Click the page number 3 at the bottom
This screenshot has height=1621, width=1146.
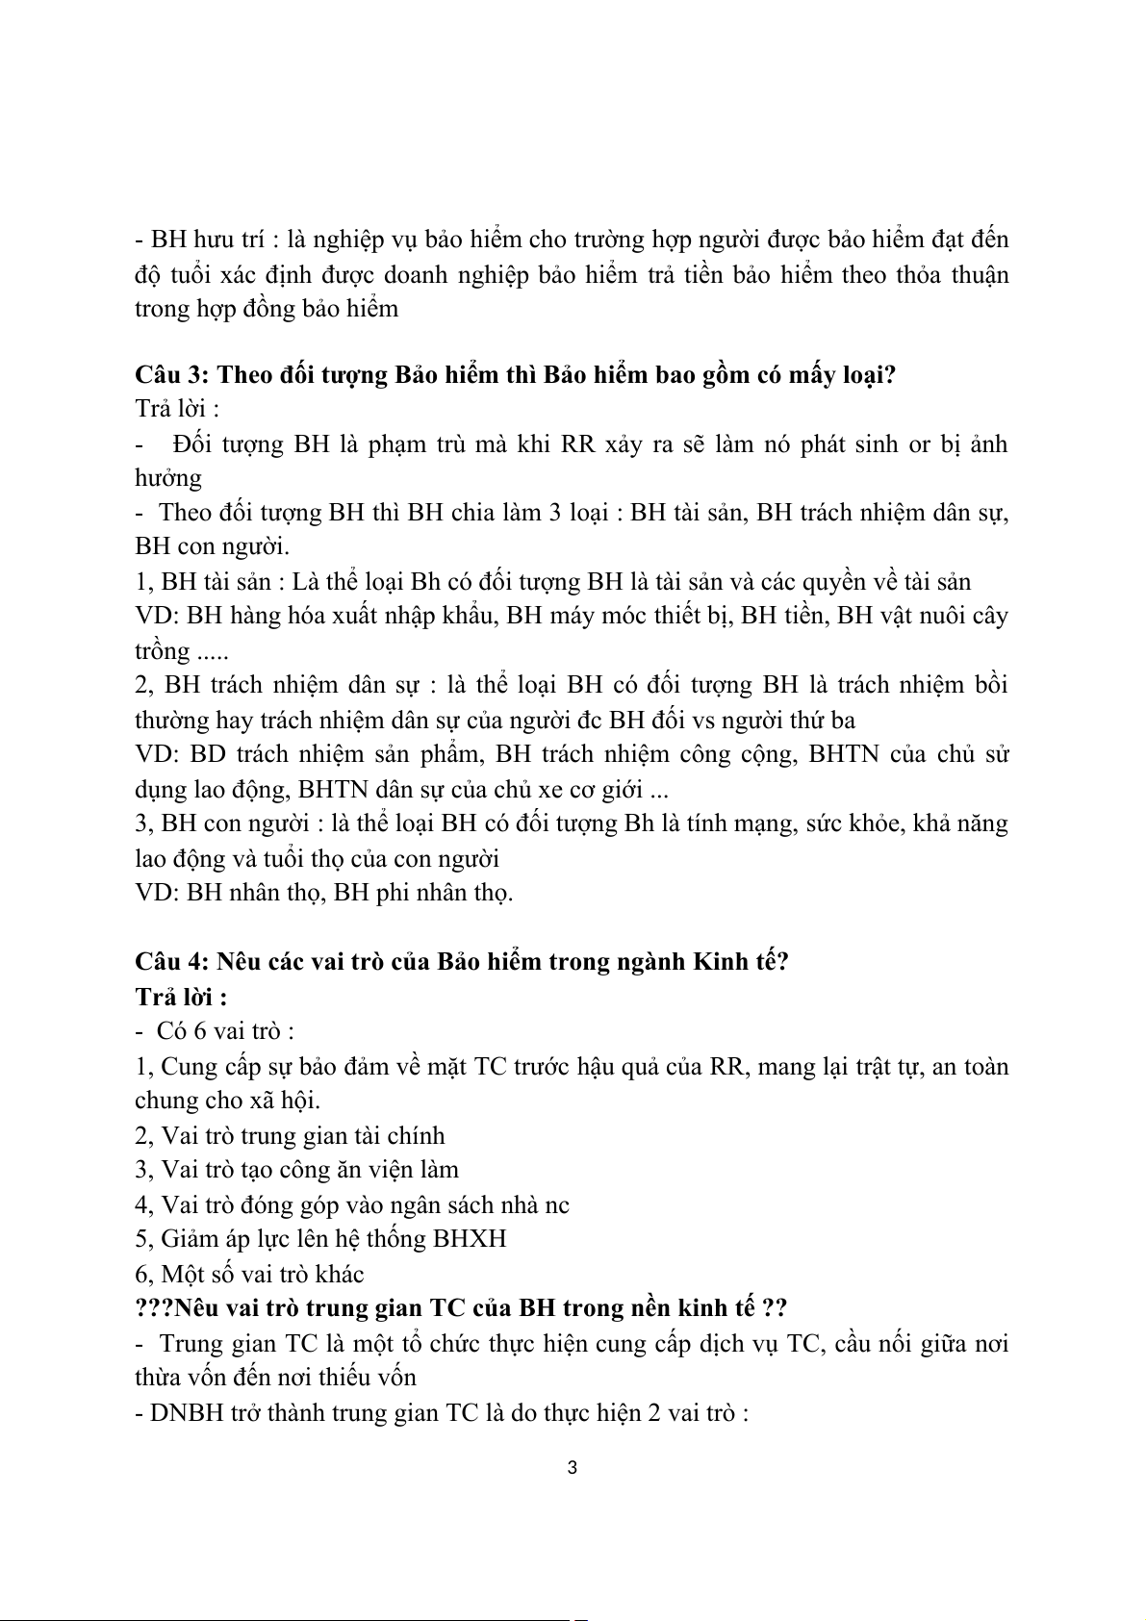[573, 1468]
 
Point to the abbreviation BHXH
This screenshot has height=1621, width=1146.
[470, 1238]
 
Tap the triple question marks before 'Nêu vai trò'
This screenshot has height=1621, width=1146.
[155, 1308]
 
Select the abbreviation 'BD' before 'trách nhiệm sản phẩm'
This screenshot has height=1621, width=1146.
[208, 754]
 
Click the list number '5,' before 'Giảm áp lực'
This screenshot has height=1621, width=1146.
[144, 1238]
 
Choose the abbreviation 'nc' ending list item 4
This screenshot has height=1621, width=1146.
[556, 1204]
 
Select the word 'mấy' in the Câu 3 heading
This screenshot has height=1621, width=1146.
[815, 374]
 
